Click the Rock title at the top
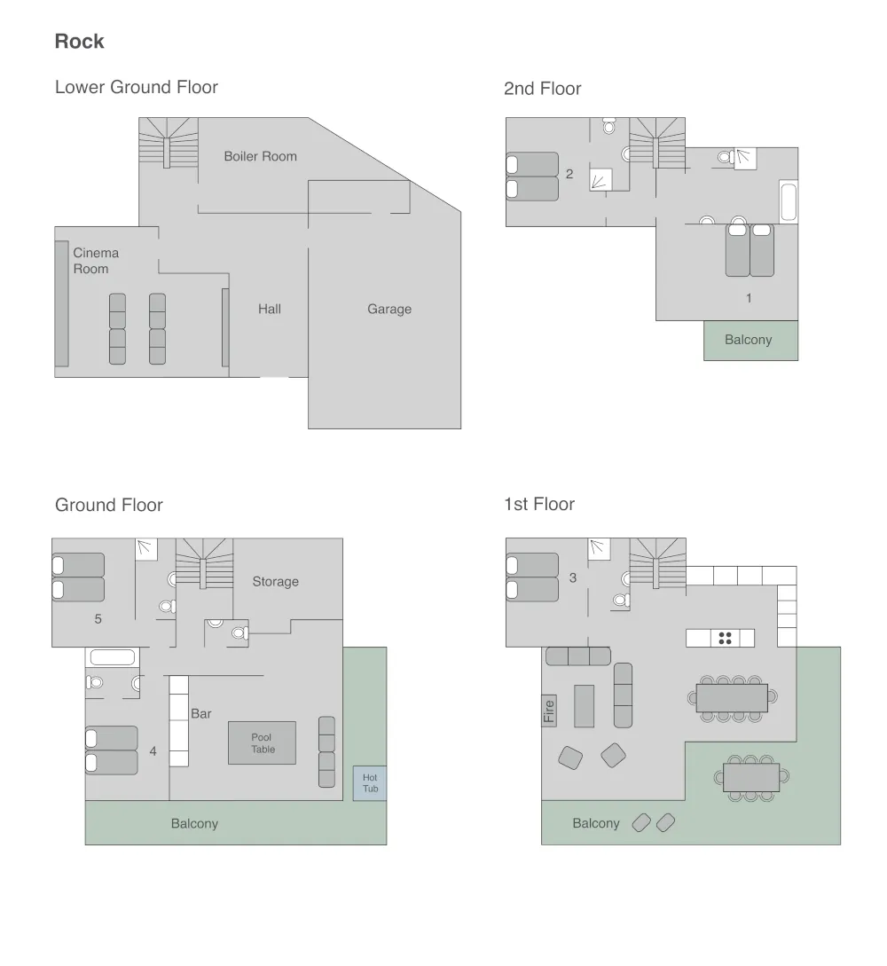pos(80,42)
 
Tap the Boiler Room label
pos(261,156)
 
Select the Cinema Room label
pos(96,261)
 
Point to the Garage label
pos(389,310)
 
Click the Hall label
pos(270,310)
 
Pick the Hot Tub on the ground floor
pos(370,783)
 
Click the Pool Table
pos(263,743)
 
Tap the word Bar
pos(200,714)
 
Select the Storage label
pos(275,582)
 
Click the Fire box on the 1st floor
pos(549,711)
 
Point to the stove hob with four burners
pos(725,639)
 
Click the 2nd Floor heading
pos(543,89)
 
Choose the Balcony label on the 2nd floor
pos(749,340)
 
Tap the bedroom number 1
pos(749,298)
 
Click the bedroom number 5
pos(98,619)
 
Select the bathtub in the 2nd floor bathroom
pos(789,201)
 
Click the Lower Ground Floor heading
pos(136,88)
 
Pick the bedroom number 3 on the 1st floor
pos(573,577)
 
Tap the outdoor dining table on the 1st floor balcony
pos(751,777)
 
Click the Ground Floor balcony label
pos(194,824)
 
